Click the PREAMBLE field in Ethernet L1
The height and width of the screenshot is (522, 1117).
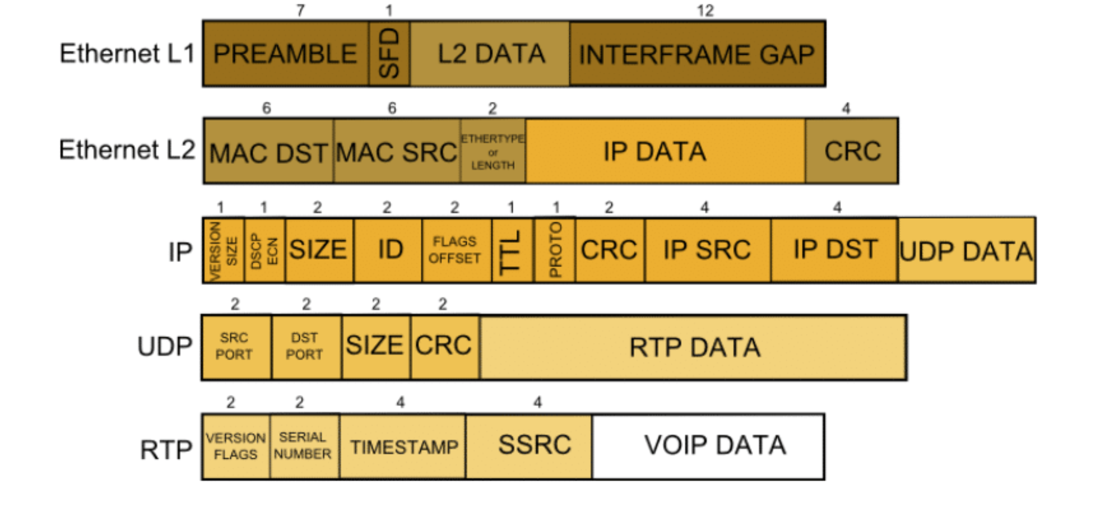pos(285,54)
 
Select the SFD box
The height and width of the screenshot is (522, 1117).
pos(389,54)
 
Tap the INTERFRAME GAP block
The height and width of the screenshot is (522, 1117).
pos(697,54)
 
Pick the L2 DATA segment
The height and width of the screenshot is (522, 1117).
pos(490,54)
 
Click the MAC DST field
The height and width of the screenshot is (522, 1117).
pos(268,152)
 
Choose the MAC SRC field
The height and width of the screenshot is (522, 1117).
pos(397,152)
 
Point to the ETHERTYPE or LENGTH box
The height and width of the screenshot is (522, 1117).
pos(493,152)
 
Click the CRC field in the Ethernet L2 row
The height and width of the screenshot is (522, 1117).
pos(851,152)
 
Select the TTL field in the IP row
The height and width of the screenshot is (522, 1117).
pos(512,250)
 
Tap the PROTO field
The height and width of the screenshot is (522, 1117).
pos(555,250)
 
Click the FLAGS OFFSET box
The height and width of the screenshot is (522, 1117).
pos(456,250)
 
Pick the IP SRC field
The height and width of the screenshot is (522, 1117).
pos(707,250)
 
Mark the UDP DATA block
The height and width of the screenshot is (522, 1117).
pos(966,250)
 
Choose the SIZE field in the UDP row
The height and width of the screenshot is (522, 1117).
pos(376,347)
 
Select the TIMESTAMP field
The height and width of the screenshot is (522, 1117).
pos(403,447)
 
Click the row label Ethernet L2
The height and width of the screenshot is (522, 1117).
pos(127,150)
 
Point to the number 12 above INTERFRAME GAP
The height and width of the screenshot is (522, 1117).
pos(705,11)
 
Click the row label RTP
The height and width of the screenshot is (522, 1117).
pos(166,450)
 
